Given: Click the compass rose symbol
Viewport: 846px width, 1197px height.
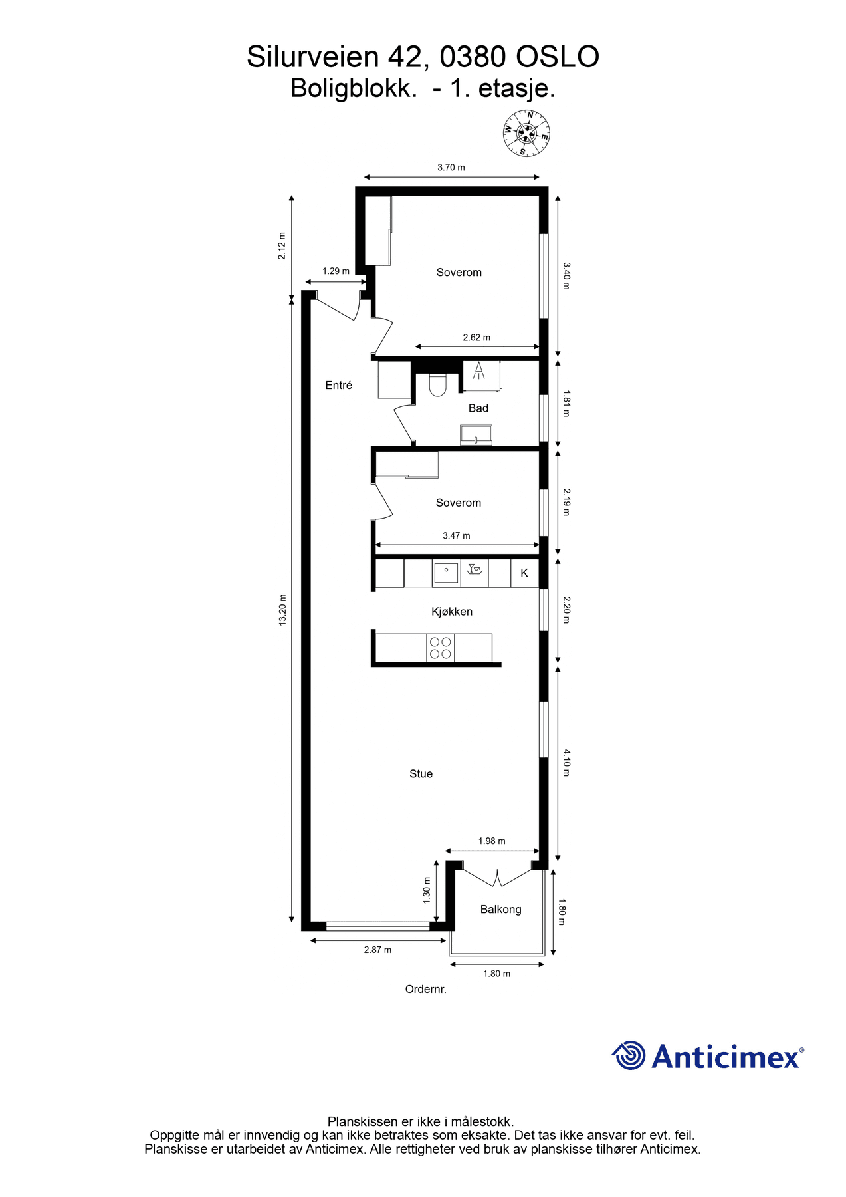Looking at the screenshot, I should [526, 133].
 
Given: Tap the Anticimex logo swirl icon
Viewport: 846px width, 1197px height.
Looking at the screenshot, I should [628, 1055].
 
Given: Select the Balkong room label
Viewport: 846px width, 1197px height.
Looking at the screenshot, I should [500, 909].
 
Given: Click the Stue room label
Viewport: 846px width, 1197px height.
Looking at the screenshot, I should [421, 773].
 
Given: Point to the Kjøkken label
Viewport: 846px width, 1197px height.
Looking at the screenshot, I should [452, 612].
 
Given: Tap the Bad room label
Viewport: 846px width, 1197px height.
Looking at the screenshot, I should [478, 408].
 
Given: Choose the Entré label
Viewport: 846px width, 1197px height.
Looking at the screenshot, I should [338, 385].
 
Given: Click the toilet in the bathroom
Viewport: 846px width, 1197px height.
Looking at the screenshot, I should [437, 385].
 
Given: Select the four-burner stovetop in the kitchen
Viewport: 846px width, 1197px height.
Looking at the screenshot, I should [440, 648].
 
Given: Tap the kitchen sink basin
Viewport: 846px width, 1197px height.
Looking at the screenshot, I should [446, 572].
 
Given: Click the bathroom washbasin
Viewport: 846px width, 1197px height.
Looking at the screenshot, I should [476, 436].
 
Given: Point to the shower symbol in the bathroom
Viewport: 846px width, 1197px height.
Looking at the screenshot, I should [479, 370].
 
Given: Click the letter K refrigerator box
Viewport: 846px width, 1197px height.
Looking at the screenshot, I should [524, 573].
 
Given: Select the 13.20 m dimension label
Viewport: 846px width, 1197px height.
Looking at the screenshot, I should [282, 610].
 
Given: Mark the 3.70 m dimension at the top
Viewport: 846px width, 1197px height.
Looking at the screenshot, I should [451, 168].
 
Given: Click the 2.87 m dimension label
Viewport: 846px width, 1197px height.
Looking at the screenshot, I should [377, 950].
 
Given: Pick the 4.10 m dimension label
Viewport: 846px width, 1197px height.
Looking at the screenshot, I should [566, 763].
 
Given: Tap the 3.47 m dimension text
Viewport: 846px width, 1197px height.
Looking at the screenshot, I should [456, 535].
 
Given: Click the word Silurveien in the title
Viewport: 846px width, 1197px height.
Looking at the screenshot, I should [313, 57].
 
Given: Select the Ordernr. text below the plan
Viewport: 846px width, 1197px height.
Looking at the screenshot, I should [425, 989].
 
